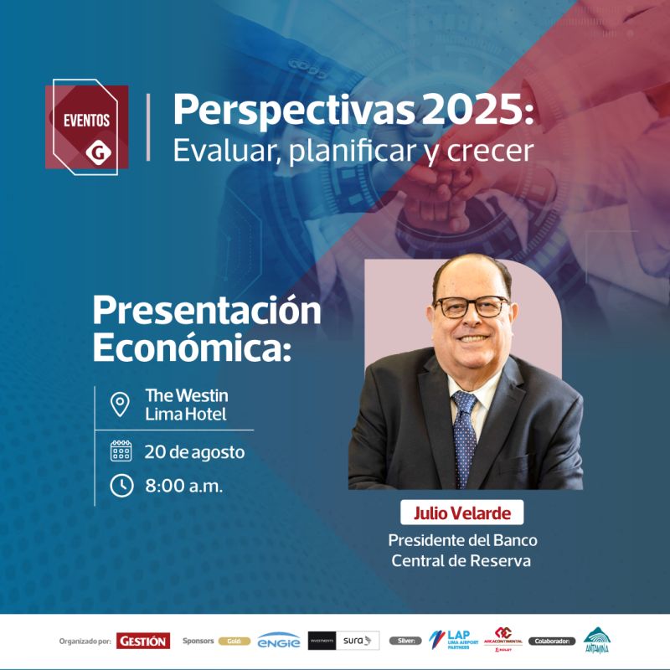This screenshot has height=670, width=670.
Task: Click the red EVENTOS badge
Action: pos(87,126)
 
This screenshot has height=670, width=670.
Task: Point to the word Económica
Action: pos(191,347)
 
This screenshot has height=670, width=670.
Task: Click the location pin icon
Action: pos(121,405)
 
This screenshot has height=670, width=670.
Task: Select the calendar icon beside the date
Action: pos(121,451)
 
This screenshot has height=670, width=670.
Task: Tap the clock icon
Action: pos(121,485)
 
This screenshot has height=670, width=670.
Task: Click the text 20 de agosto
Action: pos(194,452)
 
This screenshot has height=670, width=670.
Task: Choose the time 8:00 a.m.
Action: pos(183,486)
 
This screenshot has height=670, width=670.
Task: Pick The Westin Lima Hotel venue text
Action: pos(186,404)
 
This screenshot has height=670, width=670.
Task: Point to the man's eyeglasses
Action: pos(472,307)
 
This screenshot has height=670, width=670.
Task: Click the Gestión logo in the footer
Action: pos(143,641)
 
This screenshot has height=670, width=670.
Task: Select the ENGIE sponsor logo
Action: pos(279,641)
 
